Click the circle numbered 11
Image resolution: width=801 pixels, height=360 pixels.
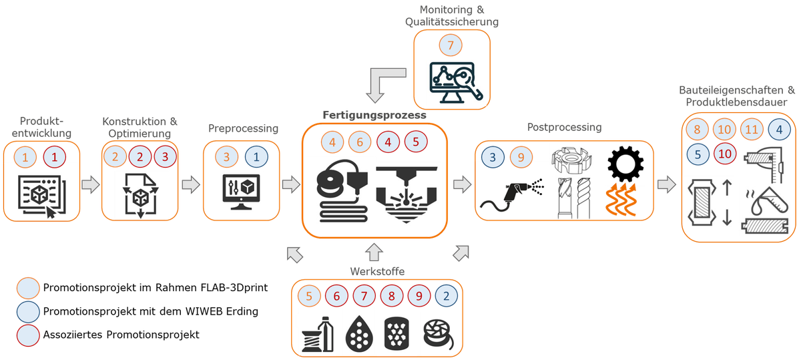752,130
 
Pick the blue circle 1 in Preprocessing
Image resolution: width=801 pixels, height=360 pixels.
258,158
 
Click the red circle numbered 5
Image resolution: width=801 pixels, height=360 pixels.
415,142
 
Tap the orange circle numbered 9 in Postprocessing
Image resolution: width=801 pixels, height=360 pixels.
522,158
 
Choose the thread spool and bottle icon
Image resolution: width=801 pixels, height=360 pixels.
317,332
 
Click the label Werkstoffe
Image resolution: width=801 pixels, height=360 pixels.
376,271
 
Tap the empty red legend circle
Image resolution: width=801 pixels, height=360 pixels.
28,334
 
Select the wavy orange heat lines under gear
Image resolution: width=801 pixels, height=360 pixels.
624,199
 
